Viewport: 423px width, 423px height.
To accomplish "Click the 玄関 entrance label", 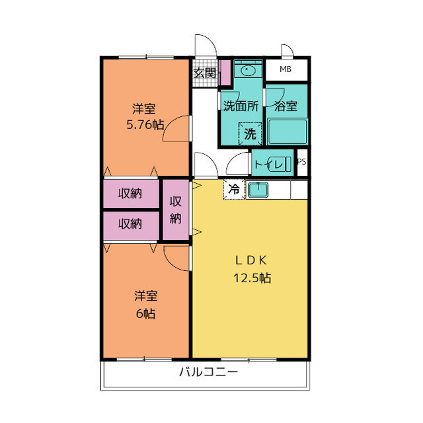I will pyautogui.click(x=205, y=73).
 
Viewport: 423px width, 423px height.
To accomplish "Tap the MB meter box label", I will pyautogui.click(x=286, y=69).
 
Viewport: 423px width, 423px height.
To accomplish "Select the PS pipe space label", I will pyautogui.click(x=302, y=162).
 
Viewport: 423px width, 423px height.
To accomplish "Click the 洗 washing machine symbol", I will pyautogui.click(x=250, y=133).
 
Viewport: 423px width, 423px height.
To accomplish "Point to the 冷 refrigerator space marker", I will pyautogui.click(x=234, y=189).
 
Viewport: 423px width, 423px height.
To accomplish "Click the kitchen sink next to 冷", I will pyautogui.click(x=256, y=190).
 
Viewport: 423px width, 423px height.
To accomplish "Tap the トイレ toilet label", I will pyautogui.click(x=272, y=163).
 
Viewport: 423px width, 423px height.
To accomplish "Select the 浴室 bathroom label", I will pyautogui.click(x=286, y=106).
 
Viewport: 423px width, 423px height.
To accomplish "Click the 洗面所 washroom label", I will pyautogui.click(x=241, y=106).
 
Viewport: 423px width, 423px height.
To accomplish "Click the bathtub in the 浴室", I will pyautogui.click(x=287, y=132).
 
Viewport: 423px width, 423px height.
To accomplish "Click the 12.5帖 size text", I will pyautogui.click(x=251, y=278).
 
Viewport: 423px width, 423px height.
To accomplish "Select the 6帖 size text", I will pyautogui.click(x=145, y=314).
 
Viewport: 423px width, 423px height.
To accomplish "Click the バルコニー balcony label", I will pyautogui.click(x=208, y=372).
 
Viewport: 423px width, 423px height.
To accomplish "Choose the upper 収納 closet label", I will pyautogui.click(x=130, y=194).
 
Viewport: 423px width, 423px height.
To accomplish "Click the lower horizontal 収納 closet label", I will pyautogui.click(x=130, y=224).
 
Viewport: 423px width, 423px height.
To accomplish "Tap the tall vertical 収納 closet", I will pyautogui.click(x=176, y=210).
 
